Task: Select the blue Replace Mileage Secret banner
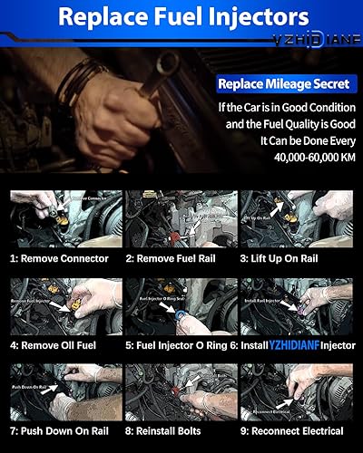click(x=282, y=84)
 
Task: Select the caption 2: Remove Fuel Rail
click(x=180, y=257)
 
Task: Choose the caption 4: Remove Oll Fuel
click(x=60, y=344)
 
